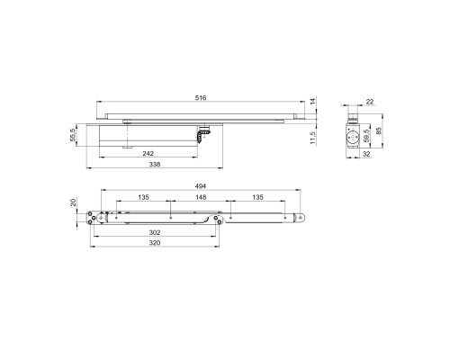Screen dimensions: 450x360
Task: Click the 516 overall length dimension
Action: (201, 98)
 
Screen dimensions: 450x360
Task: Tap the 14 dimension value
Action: (313, 101)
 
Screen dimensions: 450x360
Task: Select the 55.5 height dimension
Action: (73, 134)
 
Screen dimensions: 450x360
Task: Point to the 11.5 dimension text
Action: (313, 138)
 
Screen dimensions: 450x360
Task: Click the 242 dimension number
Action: (148, 154)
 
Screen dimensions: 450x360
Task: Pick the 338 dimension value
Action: (155, 164)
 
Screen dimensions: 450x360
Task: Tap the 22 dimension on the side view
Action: (370, 102)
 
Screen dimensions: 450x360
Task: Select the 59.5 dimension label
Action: (365, 136)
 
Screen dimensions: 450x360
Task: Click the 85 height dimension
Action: (378, 130)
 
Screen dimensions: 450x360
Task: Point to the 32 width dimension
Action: (366, 154)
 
